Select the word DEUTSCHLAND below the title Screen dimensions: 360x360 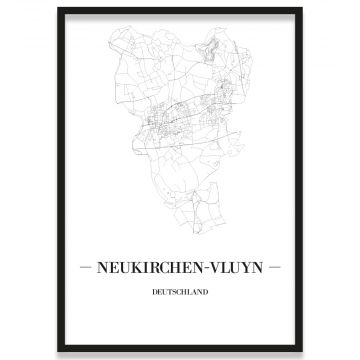click(181, 293)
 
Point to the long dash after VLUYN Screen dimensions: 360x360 click(277, 267)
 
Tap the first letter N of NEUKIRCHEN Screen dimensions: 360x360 click(100, 267)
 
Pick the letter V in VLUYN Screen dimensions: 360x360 click(214, 267)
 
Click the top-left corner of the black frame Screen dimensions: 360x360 click(59, 9)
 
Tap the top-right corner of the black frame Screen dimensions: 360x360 click(301, 9)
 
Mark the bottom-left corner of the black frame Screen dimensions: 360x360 click(59, 351)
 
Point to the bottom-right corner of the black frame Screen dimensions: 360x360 click(301, 351)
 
